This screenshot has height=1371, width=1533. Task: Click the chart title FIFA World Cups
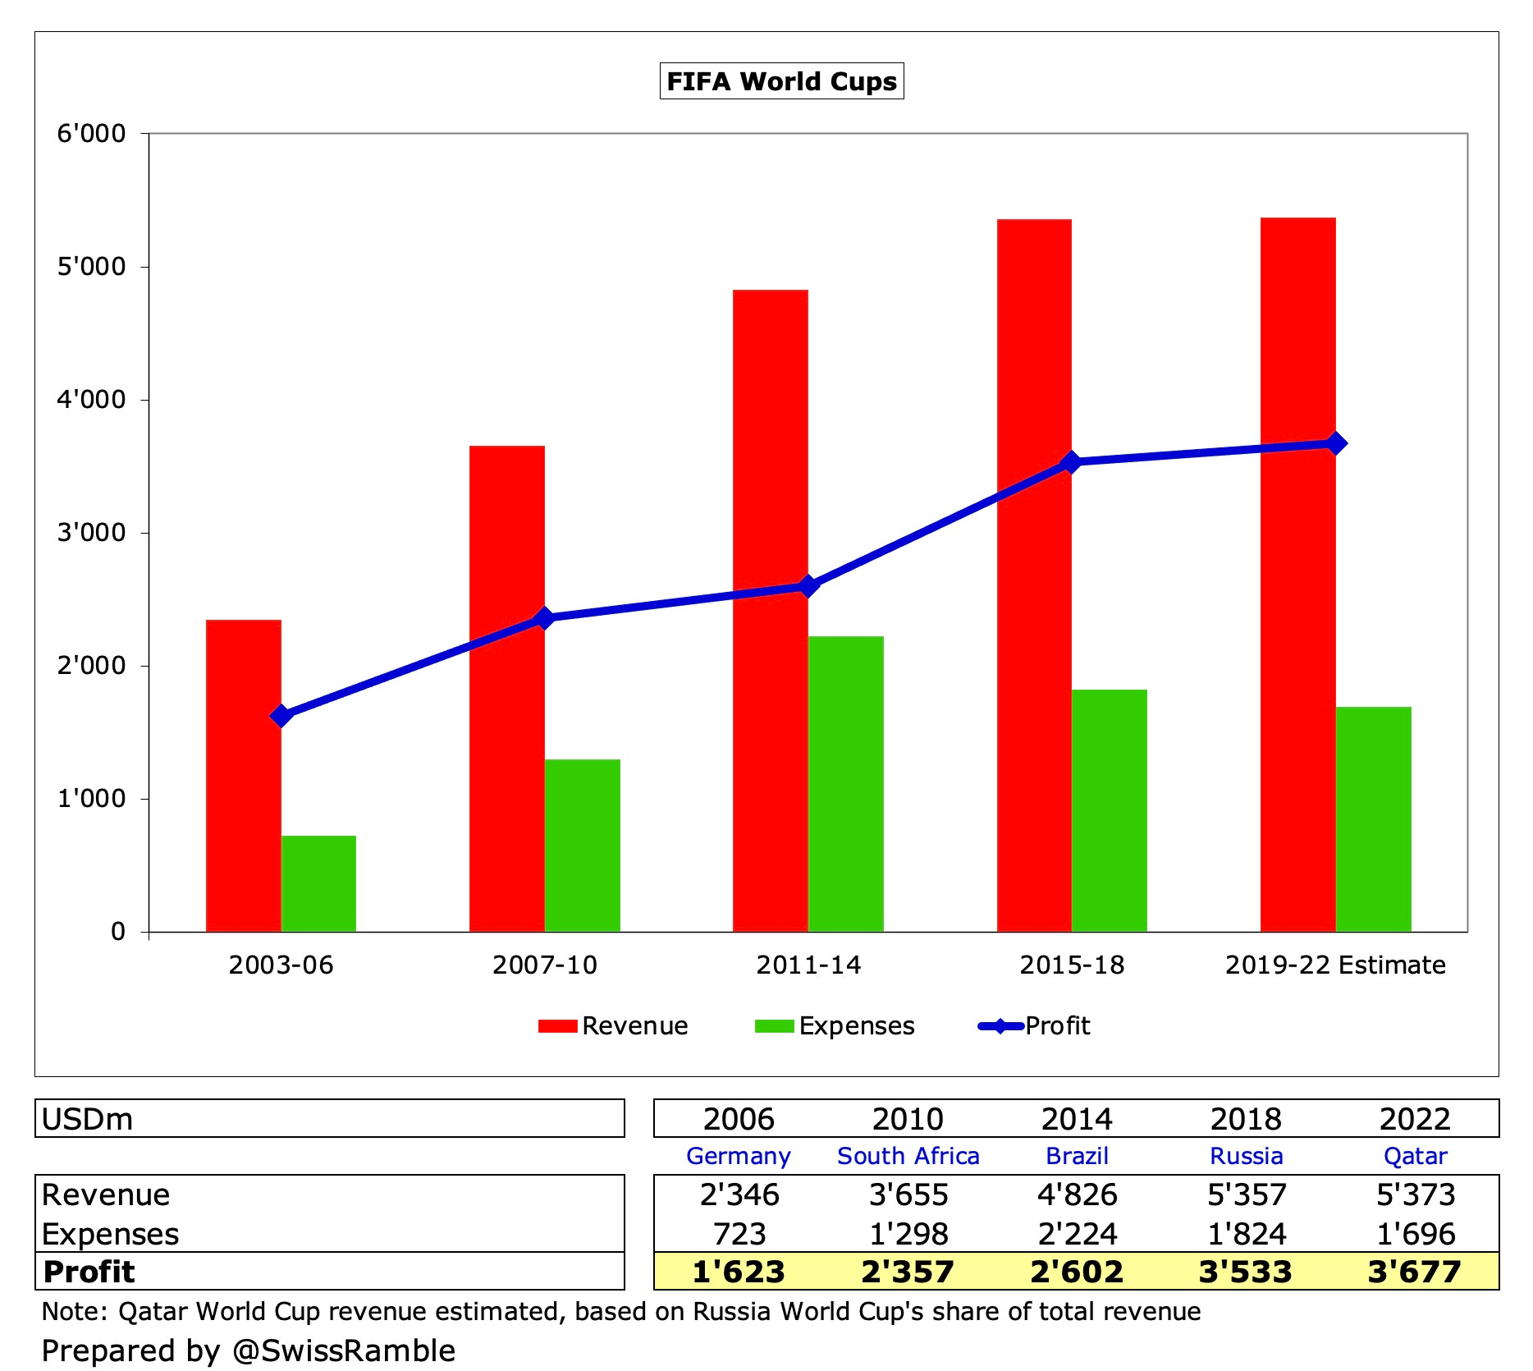click(781, 81)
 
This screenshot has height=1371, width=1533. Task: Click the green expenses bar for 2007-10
click(582, 846)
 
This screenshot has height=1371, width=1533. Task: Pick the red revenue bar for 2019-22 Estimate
click(1297, 575)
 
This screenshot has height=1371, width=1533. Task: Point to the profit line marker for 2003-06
click(281, 716)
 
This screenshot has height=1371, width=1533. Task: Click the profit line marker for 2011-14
click(808, 585)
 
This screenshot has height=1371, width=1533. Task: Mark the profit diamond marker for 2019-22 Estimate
click(1336, 443)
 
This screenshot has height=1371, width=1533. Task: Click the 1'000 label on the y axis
click(91, 798)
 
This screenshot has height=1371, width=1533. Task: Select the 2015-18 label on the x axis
click(1072, 965)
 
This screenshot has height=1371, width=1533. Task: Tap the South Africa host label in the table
click(908, 1156)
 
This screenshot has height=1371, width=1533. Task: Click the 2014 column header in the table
click(1077, 1119)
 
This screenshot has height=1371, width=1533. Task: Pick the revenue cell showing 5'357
click(1246, 1194)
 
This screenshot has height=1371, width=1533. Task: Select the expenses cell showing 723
click(739, 1234)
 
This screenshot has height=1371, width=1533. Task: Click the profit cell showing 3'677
click(1414, 1272)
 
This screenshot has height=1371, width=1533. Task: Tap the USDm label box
click(329, 1119)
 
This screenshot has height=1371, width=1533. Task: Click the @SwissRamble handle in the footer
click(344, 1350)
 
